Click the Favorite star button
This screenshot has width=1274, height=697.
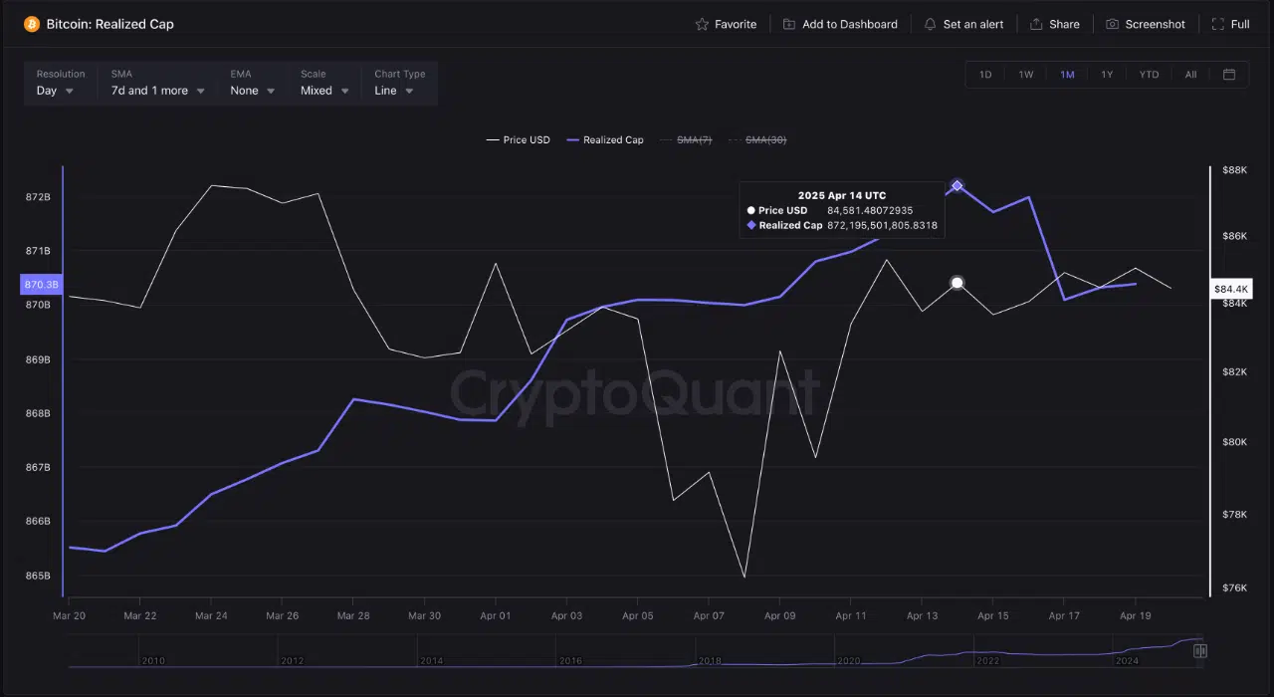click(726, 24)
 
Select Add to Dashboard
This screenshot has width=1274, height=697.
click(840, 24)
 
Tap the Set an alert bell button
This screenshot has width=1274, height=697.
click(963, 24)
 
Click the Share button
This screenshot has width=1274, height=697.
click(1055, 24)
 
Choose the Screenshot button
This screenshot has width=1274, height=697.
click(1146, 24)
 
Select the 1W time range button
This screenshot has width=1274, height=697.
click(1025, 75)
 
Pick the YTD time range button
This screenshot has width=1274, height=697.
click(1149, 75)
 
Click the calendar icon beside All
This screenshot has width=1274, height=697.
click(1229, 75)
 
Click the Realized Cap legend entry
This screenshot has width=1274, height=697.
click(605, 140)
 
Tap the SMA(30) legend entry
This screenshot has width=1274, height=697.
click(757, 140)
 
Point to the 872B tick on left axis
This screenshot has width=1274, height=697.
click(38, 197)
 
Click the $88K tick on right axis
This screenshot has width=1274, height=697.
click(1234, 170)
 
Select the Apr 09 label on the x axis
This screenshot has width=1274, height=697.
click(779, 615)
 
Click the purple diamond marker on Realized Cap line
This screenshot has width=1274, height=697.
click(957, 185)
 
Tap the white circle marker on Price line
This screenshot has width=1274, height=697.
click(957, 283)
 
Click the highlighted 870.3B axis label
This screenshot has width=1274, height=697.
click(41, 284)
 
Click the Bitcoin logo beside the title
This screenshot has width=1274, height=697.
click(32, 24)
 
